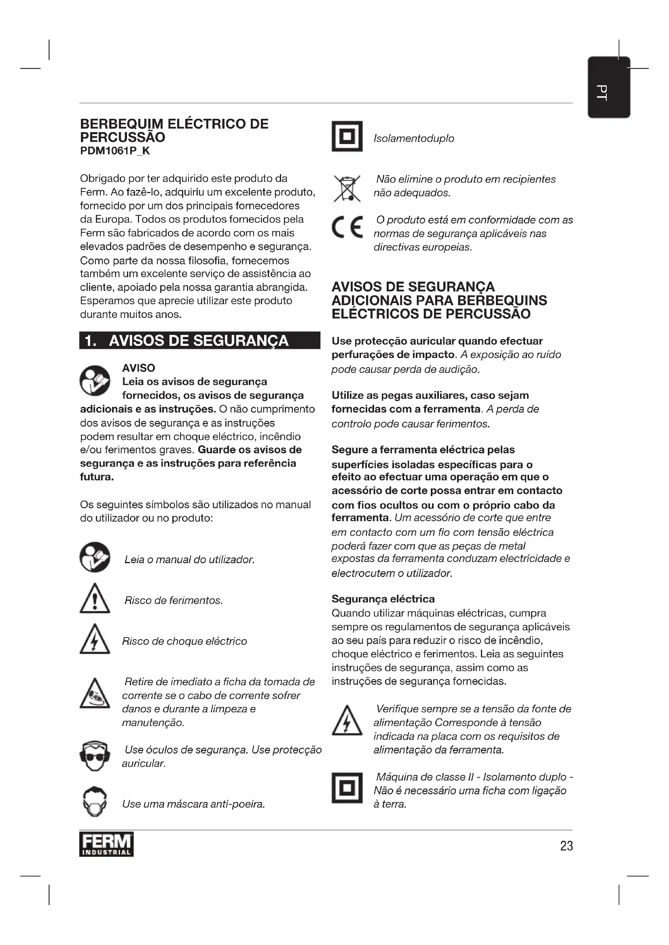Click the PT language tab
pos(608,88)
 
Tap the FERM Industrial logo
pos(106,844)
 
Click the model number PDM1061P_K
pos(115,151)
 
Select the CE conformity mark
pos(347,227)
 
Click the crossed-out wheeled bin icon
pos(347,189)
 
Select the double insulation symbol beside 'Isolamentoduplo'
pos(347,136)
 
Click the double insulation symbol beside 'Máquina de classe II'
pos(347,788)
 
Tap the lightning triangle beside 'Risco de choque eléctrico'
pos(95,640)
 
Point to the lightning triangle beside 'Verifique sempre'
pos(347,721)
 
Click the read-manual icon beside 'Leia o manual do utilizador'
pos(95,557)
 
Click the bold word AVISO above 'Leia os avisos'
pos(138,368)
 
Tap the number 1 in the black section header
pos(89,341)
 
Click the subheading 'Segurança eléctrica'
pos(383,599)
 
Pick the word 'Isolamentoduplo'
pos(413,138)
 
